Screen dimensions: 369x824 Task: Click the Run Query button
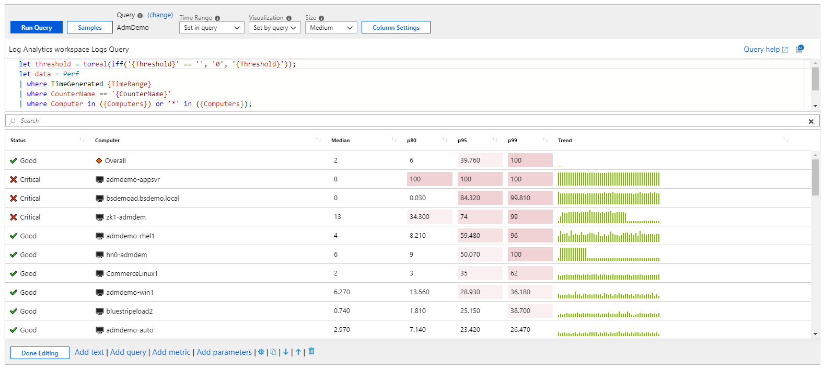(37, 28)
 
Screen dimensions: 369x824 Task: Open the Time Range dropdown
(212, 28)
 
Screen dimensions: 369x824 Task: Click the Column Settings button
(396, 28)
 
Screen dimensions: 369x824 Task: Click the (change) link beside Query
(160, 15)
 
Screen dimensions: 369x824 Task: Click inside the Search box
(408, 121)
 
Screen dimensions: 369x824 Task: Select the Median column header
(341, 141)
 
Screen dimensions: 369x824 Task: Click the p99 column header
(513, 141)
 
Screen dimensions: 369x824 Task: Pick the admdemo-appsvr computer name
(133, 180)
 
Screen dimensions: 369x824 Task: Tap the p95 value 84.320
(470, 198)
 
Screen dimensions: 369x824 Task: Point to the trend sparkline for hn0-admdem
(608, 255)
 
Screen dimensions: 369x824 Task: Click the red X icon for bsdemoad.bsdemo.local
(14, 199)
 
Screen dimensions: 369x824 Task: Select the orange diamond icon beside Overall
(99, 161)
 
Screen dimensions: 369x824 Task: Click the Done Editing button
(40, 353)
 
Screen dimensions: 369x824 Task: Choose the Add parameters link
(224, 352)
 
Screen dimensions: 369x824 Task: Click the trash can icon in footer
(311, 351)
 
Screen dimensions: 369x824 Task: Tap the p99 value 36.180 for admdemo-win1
(520, 292)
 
